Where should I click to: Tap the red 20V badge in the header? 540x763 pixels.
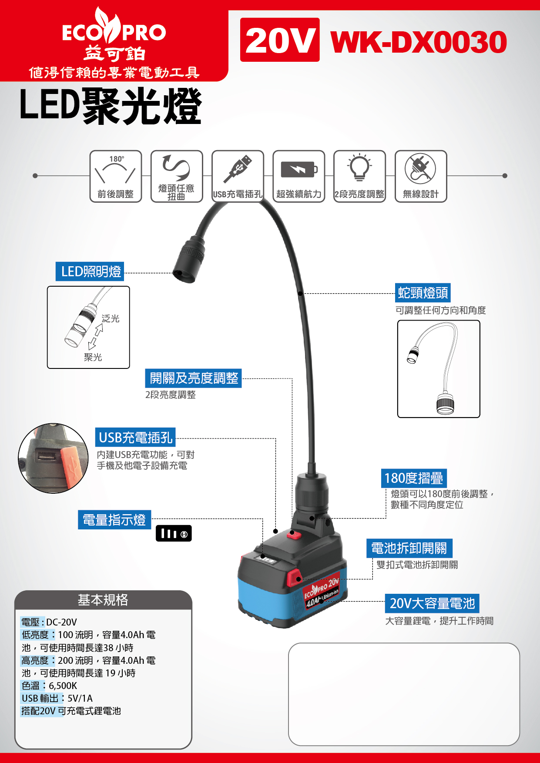[x=280, y=40]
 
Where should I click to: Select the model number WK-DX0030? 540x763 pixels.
[x=419, y=42]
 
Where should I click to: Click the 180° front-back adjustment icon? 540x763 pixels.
[x=116, y=176]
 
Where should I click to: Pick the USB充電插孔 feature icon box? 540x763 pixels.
[x=238, y=176]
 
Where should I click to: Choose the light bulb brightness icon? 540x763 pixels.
[x=359, y=167]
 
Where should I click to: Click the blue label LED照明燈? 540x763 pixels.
[x=90, y=271]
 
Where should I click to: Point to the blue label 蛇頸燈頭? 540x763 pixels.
[x=423, y=293]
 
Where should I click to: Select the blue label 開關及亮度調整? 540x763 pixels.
[x=194, y=378]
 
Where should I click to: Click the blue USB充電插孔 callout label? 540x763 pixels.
[x=135, y=437]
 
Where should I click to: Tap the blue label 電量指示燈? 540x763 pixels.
[x=114, y=520]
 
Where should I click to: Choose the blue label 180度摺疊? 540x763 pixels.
[x=414, y=478]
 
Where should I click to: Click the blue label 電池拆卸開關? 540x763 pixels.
[x=409, y=548]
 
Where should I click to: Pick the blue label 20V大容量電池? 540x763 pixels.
[x=432, y=603]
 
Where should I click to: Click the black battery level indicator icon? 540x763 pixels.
[x=174, y=533]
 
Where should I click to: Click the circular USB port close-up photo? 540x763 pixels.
[x=54, y=458]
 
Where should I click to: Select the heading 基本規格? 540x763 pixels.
[x=103, y=600]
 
